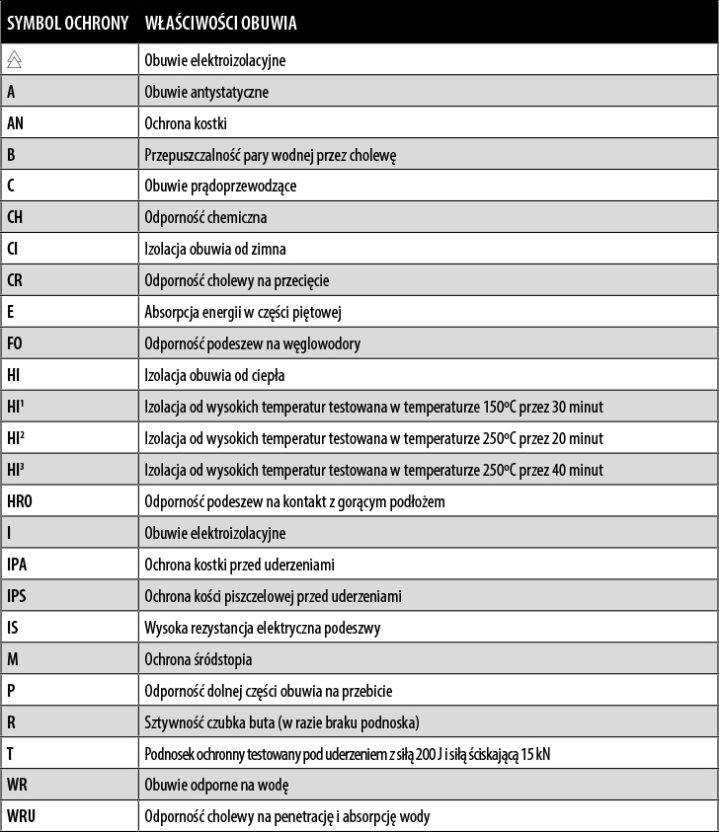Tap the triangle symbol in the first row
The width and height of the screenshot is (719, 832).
[x=14, y=60]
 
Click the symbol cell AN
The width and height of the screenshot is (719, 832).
[x=15, y=123]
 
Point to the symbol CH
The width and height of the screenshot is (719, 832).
[x=15, y=217]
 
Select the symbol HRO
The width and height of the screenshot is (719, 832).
[x=20, y=501]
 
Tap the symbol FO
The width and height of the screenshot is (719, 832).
[x=15, y=343]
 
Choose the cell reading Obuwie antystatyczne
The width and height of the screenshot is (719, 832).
[x=206, y=92]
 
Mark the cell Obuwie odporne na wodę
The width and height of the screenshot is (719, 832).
[x=216, y=785]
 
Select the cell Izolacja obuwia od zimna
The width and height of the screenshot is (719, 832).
[x=215, y=249]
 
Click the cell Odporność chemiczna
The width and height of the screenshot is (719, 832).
[x=205, y=217]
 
